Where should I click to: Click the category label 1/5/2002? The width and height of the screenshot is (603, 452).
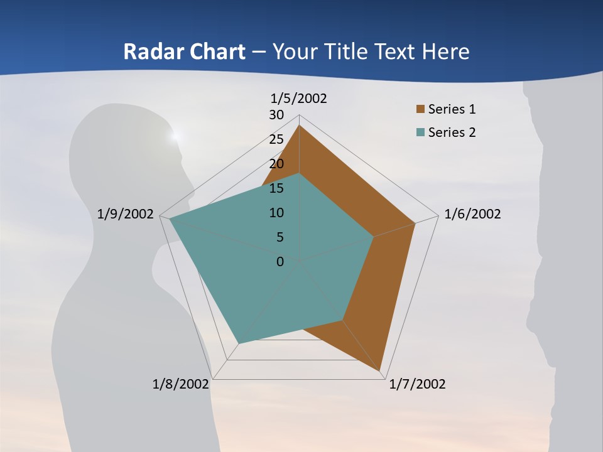click(298, 99)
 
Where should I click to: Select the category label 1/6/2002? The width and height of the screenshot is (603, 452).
click(472, 214)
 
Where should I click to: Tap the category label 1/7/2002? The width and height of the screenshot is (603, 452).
click(417, 384)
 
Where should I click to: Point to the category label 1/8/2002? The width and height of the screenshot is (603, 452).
click(181, 384)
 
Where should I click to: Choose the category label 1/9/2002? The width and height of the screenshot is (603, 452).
click(125, 214)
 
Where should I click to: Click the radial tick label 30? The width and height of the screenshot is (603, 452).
click(276, 115)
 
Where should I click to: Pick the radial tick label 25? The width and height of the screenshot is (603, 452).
click(276, 139)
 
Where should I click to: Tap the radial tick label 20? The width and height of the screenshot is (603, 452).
click(276, 164)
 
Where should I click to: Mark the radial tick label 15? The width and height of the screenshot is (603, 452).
click(276, 188)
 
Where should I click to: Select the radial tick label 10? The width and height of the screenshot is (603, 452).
click(276, 213)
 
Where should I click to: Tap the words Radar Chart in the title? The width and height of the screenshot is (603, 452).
click(184, 51)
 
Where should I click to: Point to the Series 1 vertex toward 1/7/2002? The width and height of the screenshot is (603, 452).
click(381, 371)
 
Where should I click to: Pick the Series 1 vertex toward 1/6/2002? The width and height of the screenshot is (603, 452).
click(415, 223)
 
